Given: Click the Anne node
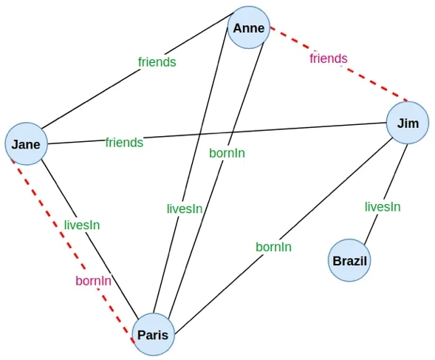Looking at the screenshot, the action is click(x=249, y=27).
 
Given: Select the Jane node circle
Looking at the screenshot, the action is click(x=26, y=144).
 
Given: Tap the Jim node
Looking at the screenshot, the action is click(x=408, y=123).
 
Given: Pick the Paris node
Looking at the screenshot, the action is click(x=153, y=334).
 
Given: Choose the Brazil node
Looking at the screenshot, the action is click(x=349, y=260).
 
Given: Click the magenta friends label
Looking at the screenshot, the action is click(x=329, y=58).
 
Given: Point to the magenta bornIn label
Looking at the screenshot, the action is click(x=94, y=281).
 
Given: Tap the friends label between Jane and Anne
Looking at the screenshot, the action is click(x=157, y=62).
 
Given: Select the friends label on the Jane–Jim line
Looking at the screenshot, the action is click(x=124, y=143).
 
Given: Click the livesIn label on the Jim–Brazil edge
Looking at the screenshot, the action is click(x=383, y=207).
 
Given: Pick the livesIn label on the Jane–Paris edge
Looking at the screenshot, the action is click(x=82, y=225).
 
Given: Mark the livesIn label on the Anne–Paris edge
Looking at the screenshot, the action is click(x=185, y=209).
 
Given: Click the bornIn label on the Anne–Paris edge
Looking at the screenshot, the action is click(x=227, y=153).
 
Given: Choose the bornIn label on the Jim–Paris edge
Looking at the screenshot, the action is click(x=273, y=247).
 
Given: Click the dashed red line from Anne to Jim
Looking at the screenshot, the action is click(x=339, y=64).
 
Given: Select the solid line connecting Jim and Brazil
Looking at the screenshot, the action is click(x=386, y=194).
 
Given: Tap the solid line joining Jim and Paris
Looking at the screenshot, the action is click(x=284, y=235).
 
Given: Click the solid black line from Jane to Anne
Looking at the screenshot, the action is click(x=138, y=70).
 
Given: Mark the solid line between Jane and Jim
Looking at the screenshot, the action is click(x=217, y=133).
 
